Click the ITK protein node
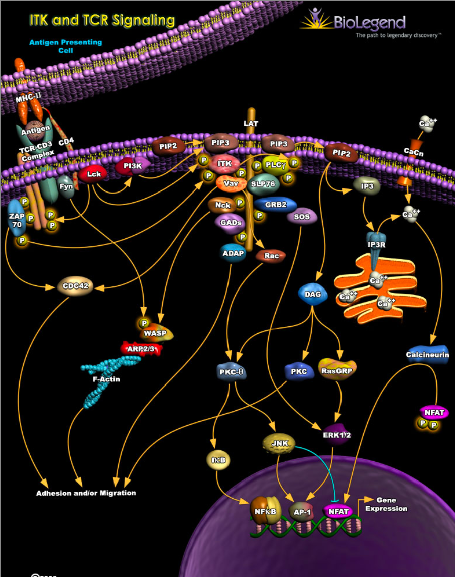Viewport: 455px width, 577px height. point(224,164)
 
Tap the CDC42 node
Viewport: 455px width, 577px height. point(75,286)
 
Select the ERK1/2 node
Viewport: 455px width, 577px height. point(336,435)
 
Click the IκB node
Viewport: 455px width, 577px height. point(217,459)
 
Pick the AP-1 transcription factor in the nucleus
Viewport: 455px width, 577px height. point(302,511)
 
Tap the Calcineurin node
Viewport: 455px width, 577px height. point(427,355)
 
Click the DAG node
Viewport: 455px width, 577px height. point(312,294)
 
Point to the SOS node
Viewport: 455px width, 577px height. point(302,217)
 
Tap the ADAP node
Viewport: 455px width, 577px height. point(233,253)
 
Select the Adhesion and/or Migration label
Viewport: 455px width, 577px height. point(86,493)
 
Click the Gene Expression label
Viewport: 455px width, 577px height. point(386,504)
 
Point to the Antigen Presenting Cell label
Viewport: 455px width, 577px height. point(65,46)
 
